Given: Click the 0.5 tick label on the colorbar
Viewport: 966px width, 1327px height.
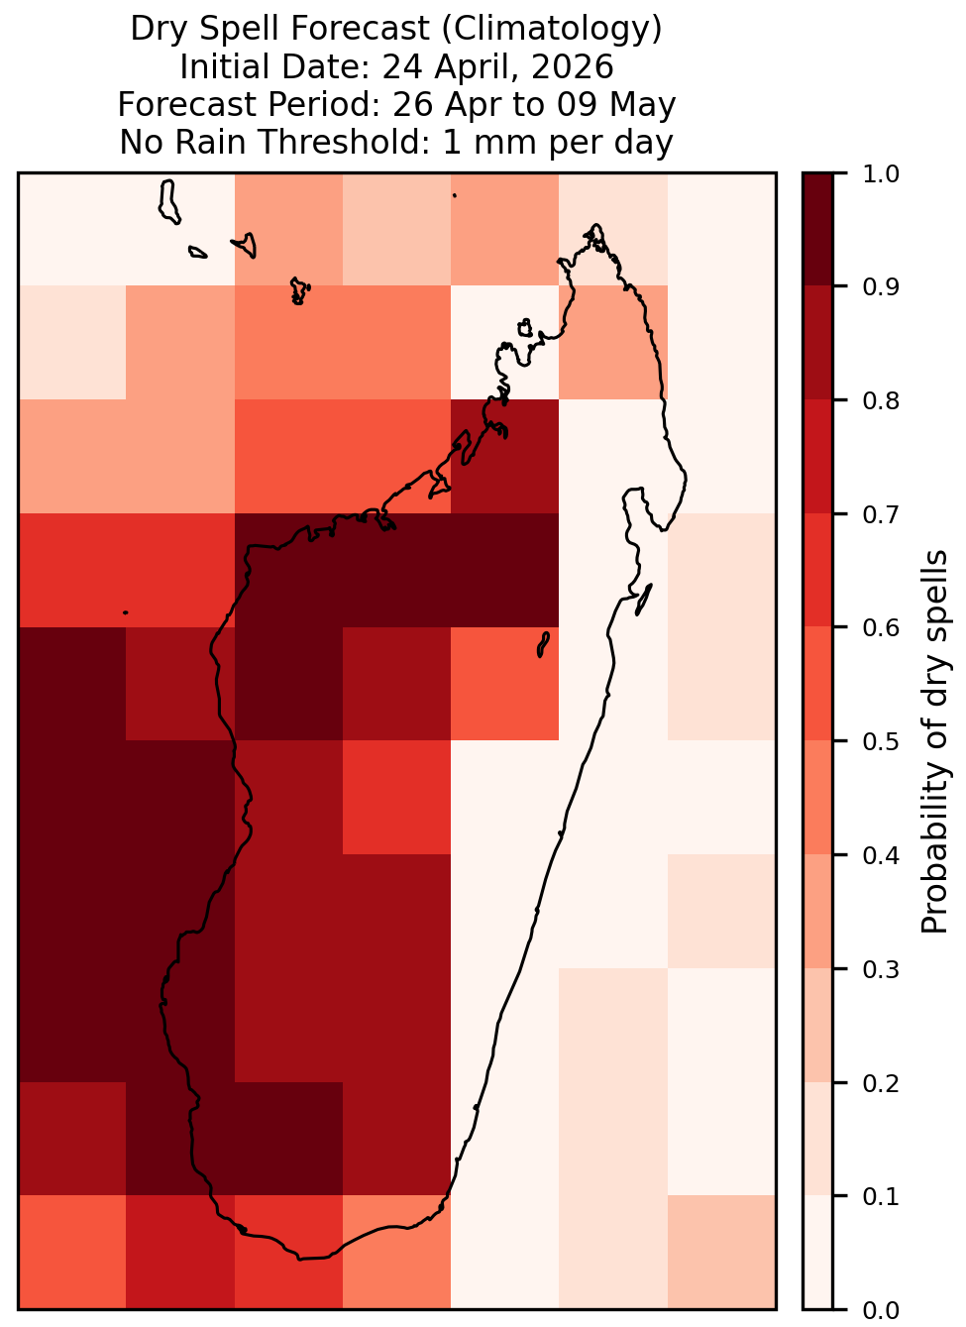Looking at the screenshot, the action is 880,741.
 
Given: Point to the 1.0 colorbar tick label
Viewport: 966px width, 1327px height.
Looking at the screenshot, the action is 880,174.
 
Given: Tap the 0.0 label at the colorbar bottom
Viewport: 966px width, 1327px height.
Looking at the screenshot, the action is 880,1310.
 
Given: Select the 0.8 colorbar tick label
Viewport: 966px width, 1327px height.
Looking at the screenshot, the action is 880,401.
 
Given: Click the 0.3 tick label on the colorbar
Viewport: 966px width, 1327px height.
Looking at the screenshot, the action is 880,969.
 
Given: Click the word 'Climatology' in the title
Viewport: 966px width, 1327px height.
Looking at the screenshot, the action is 550,29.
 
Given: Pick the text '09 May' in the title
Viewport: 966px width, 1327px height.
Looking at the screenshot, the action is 615,104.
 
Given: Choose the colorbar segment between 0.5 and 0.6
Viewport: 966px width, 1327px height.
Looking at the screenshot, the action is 817,684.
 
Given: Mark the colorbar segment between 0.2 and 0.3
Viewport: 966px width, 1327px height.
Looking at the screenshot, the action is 817,1026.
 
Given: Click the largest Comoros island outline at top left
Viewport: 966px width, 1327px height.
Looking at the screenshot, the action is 168,202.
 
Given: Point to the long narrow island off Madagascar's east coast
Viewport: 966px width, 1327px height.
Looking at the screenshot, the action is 644,600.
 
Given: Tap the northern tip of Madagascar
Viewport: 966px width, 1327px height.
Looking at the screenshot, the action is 595,225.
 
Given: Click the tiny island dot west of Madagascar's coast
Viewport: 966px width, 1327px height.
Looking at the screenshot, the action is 125,612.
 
